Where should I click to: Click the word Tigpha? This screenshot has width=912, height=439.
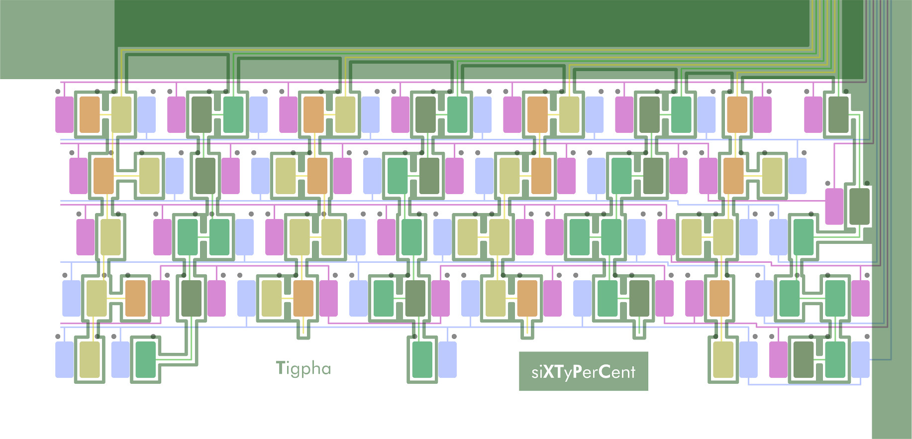click(x=304, y=368)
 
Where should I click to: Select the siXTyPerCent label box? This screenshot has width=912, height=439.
click(x=583, y=371)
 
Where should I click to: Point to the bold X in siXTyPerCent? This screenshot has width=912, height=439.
click(x=549, y=372)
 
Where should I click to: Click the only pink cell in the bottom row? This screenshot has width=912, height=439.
click(x=778, y=359)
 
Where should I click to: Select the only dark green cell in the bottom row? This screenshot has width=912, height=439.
click(x=803, y=359)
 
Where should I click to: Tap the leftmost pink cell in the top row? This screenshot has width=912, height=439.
click(x=64, y=114)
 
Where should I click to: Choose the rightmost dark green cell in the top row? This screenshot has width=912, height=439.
click(x=839, y=114)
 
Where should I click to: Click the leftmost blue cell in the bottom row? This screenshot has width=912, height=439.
click(x=64, y=359)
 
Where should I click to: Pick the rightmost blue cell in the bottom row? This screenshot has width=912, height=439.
click(x=860, y=359)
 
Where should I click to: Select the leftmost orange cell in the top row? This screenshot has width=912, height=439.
click(x=90, y=114)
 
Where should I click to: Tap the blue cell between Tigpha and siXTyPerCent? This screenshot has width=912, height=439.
click(x=447, y=359)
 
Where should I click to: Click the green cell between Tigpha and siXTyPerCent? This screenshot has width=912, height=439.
click(x=422, y=359)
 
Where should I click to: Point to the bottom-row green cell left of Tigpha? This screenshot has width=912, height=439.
click(x=145, y=359)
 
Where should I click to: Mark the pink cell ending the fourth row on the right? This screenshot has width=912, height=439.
click(x=860, y=298)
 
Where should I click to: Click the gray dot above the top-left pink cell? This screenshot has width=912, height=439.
click(x=58, y=92)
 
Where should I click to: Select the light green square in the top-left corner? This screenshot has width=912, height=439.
click(x=57, y=39)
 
